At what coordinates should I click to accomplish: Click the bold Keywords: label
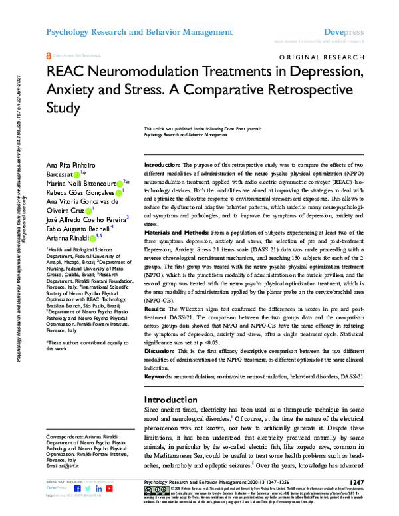pos(161,376)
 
